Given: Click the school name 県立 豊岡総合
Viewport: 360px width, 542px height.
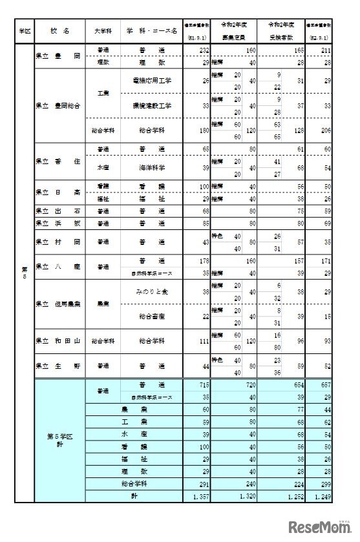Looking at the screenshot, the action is pos(58,105).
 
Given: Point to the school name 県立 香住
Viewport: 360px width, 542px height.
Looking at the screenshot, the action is pos(58,161).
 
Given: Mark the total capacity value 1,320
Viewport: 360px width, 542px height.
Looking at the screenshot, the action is pos(248,496).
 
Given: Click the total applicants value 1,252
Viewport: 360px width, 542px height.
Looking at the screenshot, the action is pos(295,496).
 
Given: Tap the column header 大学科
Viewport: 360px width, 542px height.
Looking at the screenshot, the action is pos(103,30).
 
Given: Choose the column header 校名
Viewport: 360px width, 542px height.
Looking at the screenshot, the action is pos(59,30).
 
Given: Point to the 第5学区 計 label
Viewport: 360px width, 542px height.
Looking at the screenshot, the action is pos(59,441).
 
